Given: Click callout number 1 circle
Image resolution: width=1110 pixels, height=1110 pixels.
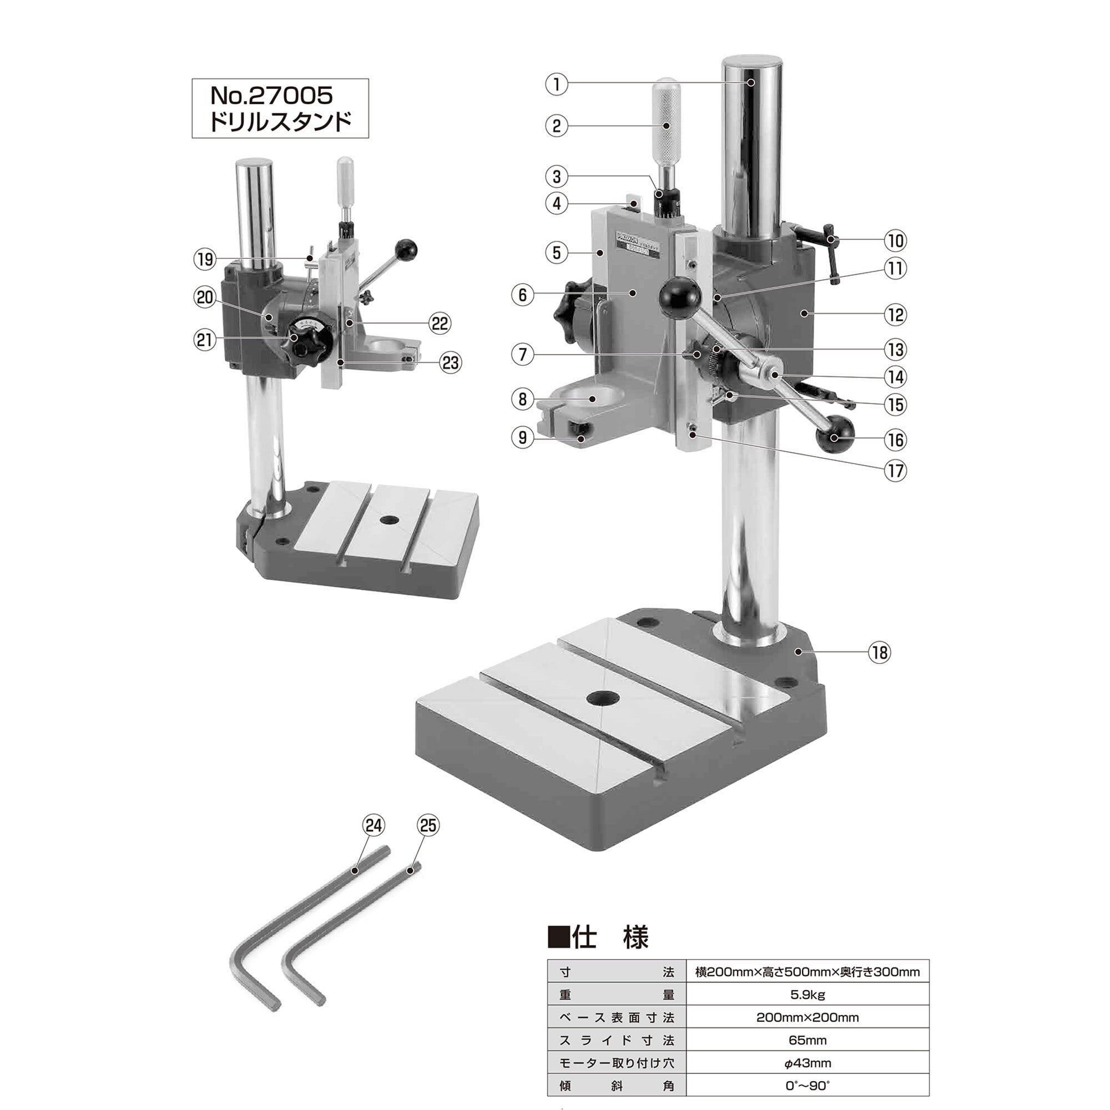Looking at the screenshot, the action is point(556,84).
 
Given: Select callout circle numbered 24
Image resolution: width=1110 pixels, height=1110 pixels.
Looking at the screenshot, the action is point(374,826).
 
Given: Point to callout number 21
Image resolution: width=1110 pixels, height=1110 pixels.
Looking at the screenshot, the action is point(205,340).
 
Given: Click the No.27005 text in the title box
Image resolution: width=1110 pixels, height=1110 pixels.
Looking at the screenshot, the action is point(272,95).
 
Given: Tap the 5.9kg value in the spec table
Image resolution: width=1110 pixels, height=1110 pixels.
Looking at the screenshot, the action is point(807,994).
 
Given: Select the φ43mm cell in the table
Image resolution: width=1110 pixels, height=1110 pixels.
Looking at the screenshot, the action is point(807,1063).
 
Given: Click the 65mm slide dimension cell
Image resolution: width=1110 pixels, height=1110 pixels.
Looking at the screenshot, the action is point(807,1040).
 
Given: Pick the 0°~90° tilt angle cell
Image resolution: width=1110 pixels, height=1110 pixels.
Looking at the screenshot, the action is point(807,1086).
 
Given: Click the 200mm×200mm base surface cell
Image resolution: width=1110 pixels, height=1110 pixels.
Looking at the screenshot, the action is point(807,1017).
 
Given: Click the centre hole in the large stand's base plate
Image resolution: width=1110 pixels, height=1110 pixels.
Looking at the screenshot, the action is point(603,699).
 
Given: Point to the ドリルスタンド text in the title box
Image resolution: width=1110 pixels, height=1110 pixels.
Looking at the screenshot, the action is point(280,122).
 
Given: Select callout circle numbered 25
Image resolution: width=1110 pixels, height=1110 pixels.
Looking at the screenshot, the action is point(428,826).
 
